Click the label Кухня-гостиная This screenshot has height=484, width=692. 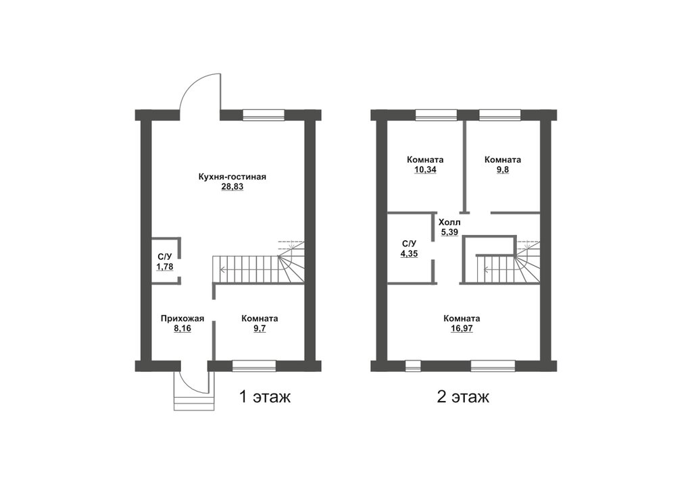pyautogui.click(x=232, y=178)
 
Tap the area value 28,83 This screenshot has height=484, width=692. pyautogui.click(x=232, y=187)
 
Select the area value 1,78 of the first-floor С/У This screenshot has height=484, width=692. pyautogui.click(x=165, y=267)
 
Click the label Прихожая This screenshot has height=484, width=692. pyautogui.click(x=182, y=319)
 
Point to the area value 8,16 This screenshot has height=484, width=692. pyautogui.click(x=182, y=328)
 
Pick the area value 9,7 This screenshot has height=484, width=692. pyautogui.click(x=259, y=328)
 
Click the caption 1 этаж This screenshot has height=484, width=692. pyautogui.click(x=265, y=397)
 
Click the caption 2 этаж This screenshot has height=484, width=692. pyautogui.click(x=463, y=397)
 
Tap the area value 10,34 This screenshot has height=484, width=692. pyautogui.click(x=425, y=169)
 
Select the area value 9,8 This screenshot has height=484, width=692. pyautogui.click(x=503, y=169)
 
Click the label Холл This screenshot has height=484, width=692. pyautogui.click(x=449, y=222)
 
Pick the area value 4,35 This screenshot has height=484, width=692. pyautogui.click(x=409, y=254)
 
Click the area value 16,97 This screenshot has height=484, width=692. pyautogui.click(x=462, y=328)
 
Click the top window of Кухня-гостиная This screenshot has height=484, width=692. pyautogui.click(x=264, y=115)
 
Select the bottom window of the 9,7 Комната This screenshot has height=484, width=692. pyautogui.click(x=254, y=366)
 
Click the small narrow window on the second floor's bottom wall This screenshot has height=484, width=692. pyautogui.click(x=413, y=366)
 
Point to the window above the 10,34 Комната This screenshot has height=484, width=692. pyautogui.click(x=437, y=115)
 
